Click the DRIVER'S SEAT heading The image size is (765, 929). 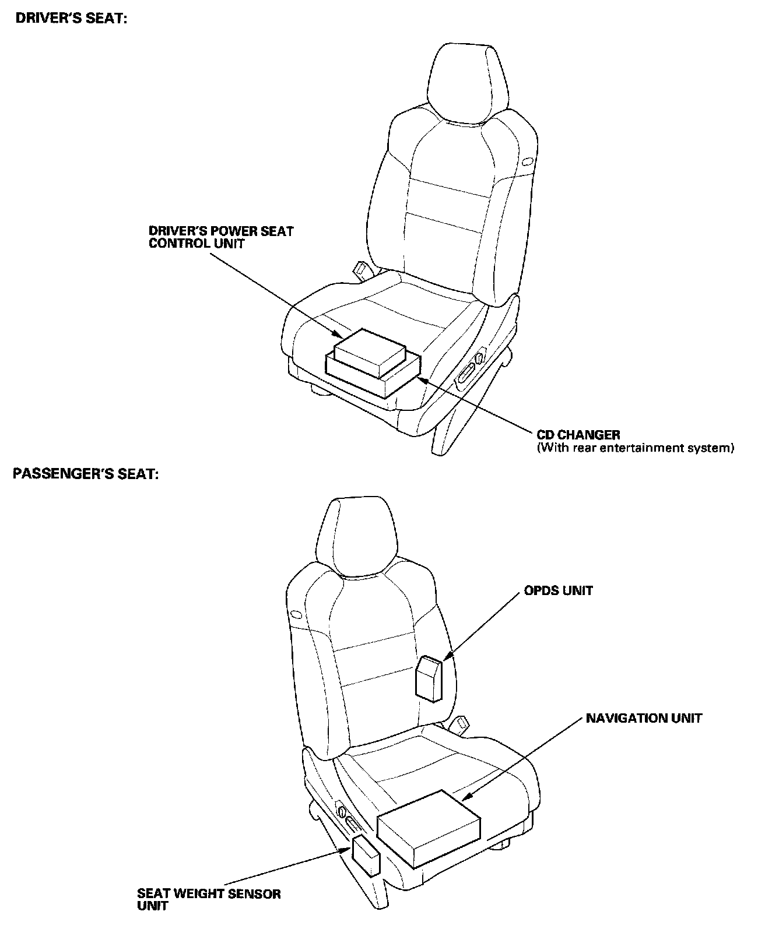(71, 19)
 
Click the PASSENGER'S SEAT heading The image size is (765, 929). (86, 474)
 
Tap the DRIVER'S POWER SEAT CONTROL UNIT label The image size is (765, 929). (221, 237)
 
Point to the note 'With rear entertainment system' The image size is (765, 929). (634, 448)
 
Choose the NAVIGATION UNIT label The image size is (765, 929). (644, 718)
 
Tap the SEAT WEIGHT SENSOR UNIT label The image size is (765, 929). (208, 899)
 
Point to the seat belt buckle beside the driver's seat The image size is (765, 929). (361, 269)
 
